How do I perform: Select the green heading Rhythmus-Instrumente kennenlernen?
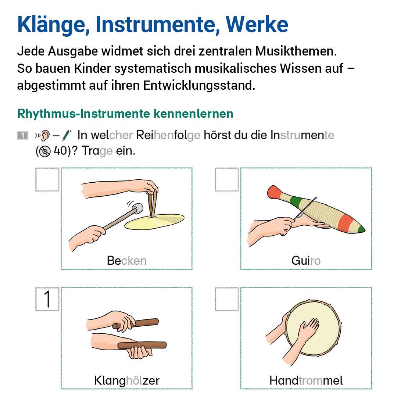click(x=125, y=114)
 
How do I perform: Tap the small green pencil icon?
click(x=67, y=136)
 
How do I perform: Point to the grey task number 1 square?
click(x=22, y=136)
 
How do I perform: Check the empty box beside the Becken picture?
click(x=47, y=179)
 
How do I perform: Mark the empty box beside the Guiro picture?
click(x=227, y=179)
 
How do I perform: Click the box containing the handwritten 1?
click(x=47, y=299)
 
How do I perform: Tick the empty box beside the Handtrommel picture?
click(x=227, y=299)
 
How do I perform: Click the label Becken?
click(x=126, y=261)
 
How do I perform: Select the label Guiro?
click(x=306, y=261)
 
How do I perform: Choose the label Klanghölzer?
click(x=126, y=380)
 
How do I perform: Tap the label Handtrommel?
click(x=306, y=380)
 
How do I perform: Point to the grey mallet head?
click(x=137, y=208)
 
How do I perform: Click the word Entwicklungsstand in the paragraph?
click(x=199, y=85)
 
